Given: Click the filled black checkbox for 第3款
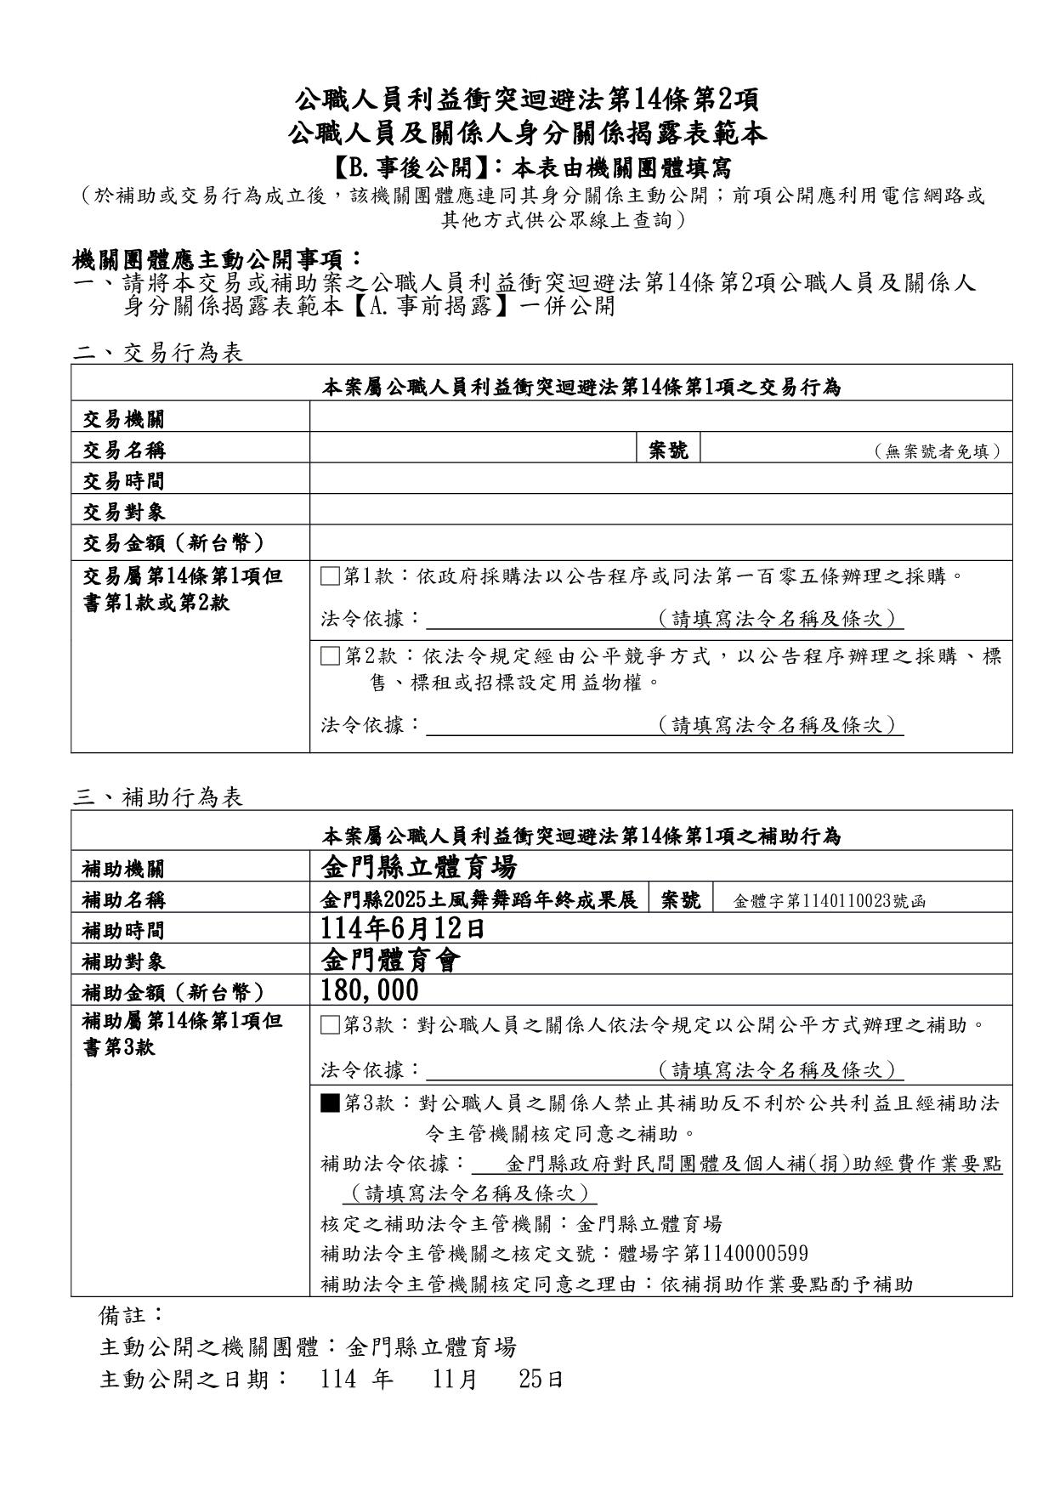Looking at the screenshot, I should pyautogui.click(x=330, y=1103).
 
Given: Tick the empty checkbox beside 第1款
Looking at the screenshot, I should pyautogui.click(x=330, y=577).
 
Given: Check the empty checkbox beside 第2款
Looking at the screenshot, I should pyautogui.click(x=330, y=655).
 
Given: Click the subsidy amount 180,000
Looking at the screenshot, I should pyautogui.click(x=370, y=990).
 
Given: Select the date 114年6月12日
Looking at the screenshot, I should pyautogui.click(x=403, y=928).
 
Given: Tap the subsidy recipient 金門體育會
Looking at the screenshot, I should pyautogui.click(x=392, y=960).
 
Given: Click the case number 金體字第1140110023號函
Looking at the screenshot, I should pyautogui.click(x=829, y=900).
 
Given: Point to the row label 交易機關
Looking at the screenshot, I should pyautogui.click(x=123, y=418).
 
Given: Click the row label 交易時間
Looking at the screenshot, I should pyautogui.click(x=123, y=480).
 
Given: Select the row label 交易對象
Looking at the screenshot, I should pyautogui.click(x=123, y=512).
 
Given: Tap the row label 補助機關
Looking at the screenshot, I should pyautogui.click(x=123, y=869).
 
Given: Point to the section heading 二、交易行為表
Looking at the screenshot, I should pyautogui.click(x=158, y=353).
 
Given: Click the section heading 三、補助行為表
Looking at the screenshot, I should pyautogui.click(x=158, y=797).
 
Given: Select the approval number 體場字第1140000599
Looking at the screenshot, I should pyautogui.click(x=713, y=1254).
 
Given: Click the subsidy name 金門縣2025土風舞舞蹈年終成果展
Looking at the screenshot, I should pyautogui.click(x=479, y=899).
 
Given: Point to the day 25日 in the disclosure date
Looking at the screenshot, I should pyautogui.click(x=541, y=1379).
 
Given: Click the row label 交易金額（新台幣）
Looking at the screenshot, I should pyautogui.click(x=173, y=542).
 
